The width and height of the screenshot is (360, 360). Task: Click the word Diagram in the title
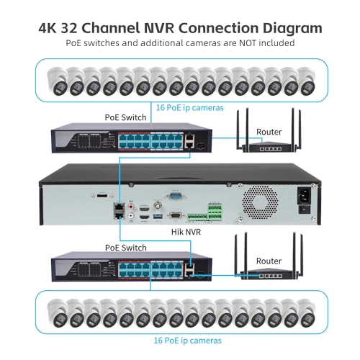(x=292, y=29)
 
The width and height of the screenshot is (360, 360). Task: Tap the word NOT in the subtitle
(x=248, y=43)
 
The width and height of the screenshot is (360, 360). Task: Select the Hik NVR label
(x=186, y=232)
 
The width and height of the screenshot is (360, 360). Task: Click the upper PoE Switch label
(x=125, y=117)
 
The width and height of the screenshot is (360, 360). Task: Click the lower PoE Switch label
(x=126, y=248)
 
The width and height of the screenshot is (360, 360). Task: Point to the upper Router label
(x=269, y=132)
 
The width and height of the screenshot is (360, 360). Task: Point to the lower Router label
(x=269, y=261)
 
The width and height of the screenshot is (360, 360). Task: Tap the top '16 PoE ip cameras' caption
(x=190, y=108)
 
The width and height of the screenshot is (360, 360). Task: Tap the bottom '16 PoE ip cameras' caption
(x=188, y=341)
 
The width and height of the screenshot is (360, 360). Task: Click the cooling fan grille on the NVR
(x=260, y=202)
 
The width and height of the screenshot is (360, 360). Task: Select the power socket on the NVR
(x=304, y=196)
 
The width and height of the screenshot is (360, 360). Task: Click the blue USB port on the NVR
(x=158, y=216)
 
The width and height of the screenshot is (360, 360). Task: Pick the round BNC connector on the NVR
(x=158, y=205)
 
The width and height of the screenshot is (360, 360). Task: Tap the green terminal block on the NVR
(x=215, y=212)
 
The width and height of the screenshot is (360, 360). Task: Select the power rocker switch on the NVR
(x=304, y=210)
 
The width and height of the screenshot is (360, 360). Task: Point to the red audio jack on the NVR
(x=131, y=206)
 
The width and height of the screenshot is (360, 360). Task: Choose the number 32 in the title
(x=69, y=29)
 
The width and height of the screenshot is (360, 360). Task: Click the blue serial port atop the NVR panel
(x=176, y=195)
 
